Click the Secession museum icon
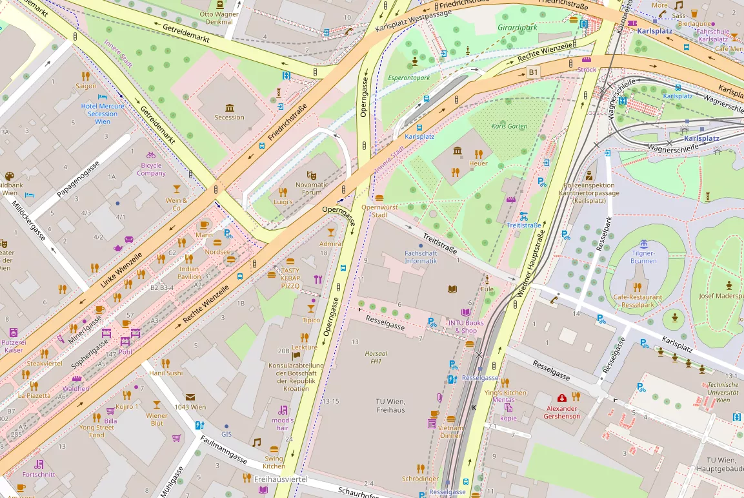(230, 107)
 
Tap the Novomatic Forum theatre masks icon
(311, 174)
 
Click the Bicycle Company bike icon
(150, 155)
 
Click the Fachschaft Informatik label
(421, 257)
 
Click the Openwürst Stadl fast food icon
(379, 198)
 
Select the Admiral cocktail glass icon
(331, 232)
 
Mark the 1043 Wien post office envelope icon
(190, 397)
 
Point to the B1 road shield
(533, 71)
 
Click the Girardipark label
(517, 28)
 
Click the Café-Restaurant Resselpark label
(634, 301)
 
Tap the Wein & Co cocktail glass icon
(177, 189)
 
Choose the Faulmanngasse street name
(223, 450)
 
